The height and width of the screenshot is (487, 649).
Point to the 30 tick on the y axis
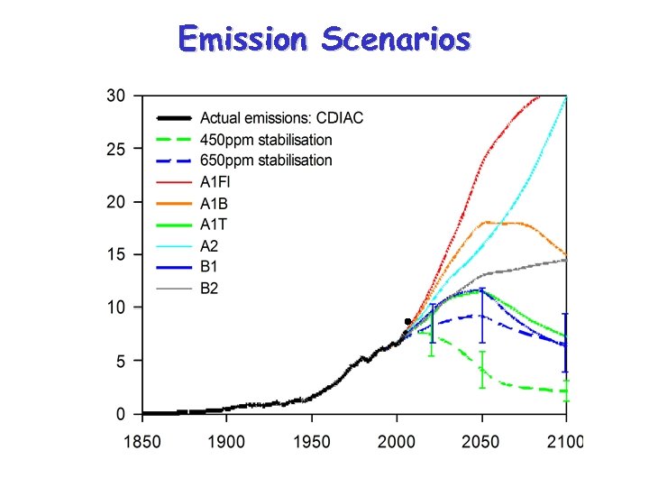coord(115,96)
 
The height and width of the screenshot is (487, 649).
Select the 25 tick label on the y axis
coord(115,149)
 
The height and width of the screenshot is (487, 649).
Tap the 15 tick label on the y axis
coord(115,255)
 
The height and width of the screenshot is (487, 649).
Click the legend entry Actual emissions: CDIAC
coord(281,118)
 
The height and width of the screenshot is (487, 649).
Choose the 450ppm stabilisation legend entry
coord(265,140)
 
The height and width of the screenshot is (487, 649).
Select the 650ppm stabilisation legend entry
coord(265,161)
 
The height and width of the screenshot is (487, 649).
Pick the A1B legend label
coord(215,203)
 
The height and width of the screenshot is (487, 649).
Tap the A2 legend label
coord(209,245)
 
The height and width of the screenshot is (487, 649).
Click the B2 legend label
coord(209,289)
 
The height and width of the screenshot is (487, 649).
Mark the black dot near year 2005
coord(407,321)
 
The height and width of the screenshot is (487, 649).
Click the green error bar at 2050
coord(482,370)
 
